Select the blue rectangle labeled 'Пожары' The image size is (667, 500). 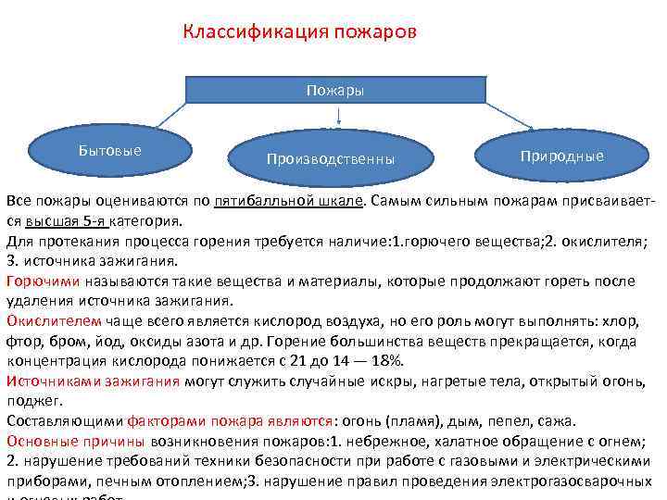pos(334,90)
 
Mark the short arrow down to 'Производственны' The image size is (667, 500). pos(340,116)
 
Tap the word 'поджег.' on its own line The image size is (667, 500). pos(33,401)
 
